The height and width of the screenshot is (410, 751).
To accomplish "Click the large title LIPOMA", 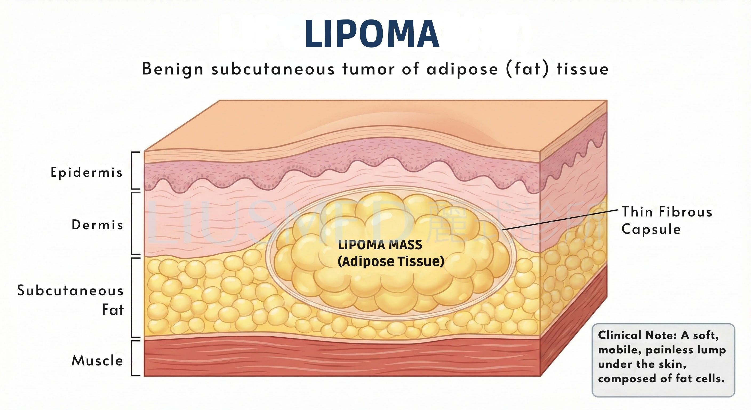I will (x=372, y=34).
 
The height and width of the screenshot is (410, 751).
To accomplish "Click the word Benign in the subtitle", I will (x=172, y=69).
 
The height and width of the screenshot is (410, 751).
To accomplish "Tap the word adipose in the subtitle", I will (x=462, y=69).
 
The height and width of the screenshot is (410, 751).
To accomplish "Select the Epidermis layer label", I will (x=87, y=172).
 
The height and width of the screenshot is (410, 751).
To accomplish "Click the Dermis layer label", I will (x=97, y=225).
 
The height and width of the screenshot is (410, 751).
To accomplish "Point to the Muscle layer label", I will (x=97, y=360).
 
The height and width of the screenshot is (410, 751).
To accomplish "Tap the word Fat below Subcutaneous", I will (x=113, y=310).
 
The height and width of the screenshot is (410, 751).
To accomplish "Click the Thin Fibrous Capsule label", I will (x=666, y=220).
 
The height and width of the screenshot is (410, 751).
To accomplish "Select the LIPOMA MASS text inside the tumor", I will (x=380, y=245).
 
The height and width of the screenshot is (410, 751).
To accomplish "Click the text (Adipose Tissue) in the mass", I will (x=391, y=261).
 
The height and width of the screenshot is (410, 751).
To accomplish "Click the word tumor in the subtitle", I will (x=369, y=69).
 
